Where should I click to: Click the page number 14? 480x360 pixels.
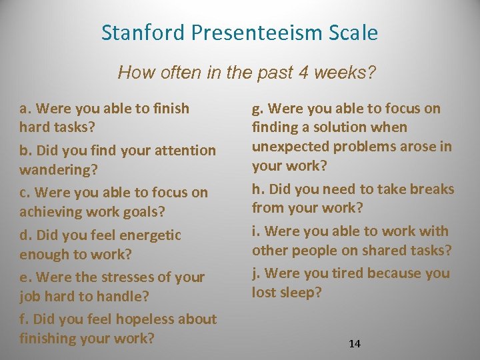point(355,343)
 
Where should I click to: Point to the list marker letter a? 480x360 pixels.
point(24,109)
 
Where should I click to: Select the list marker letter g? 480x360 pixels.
point(256,109)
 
